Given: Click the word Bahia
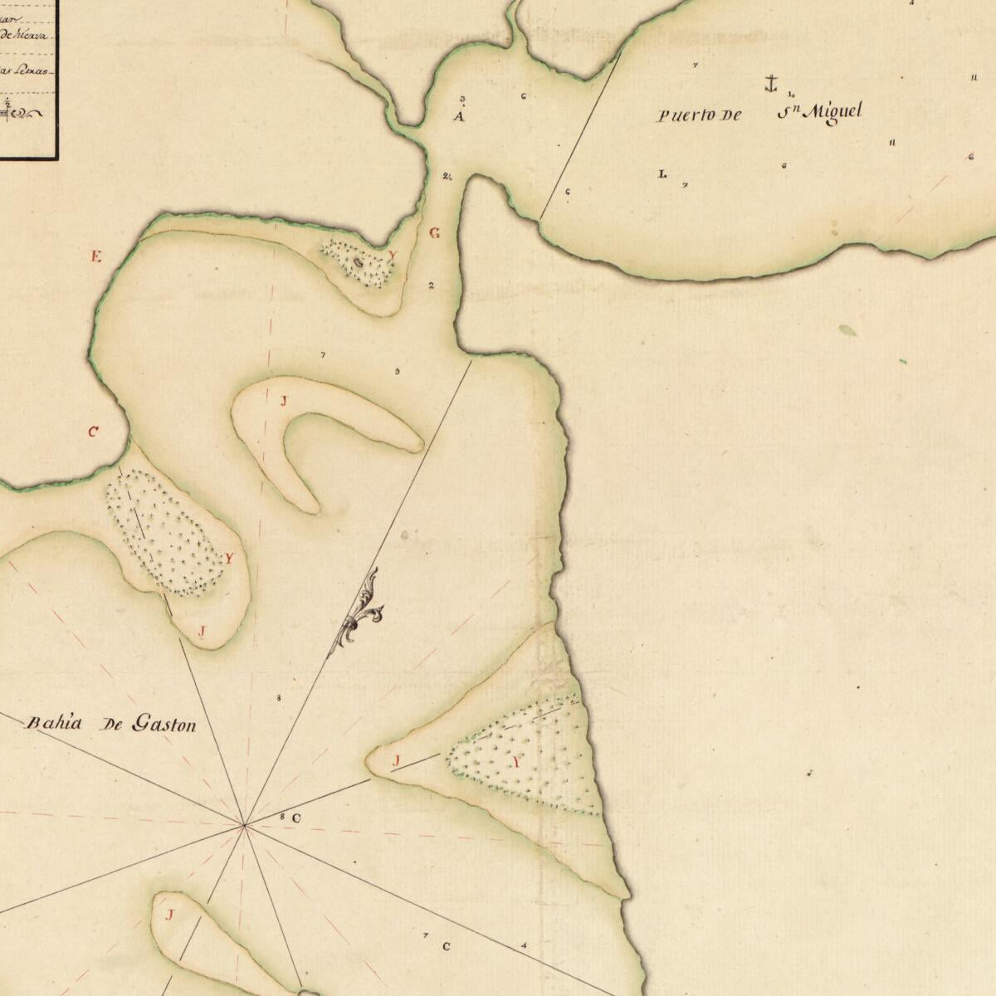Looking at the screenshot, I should [55, 722].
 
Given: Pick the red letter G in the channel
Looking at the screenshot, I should [434, 233].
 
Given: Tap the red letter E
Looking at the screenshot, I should [96, 256].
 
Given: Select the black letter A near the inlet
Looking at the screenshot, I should [458, 116].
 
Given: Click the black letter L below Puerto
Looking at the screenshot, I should [662, 174].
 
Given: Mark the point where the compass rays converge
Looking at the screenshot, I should [244, 825].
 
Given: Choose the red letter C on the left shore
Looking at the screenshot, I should [93, 432].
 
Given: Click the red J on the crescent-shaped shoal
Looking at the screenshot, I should [283, 402].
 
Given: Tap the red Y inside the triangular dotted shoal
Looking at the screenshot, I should [518, 762].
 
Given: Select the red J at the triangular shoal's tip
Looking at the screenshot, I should [396, 761].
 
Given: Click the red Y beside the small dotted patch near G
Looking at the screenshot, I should [393, 256].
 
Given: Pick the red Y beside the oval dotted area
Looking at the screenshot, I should [228, 558].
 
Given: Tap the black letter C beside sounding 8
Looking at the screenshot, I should [296, 818].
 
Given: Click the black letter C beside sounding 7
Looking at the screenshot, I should [446, 946].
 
